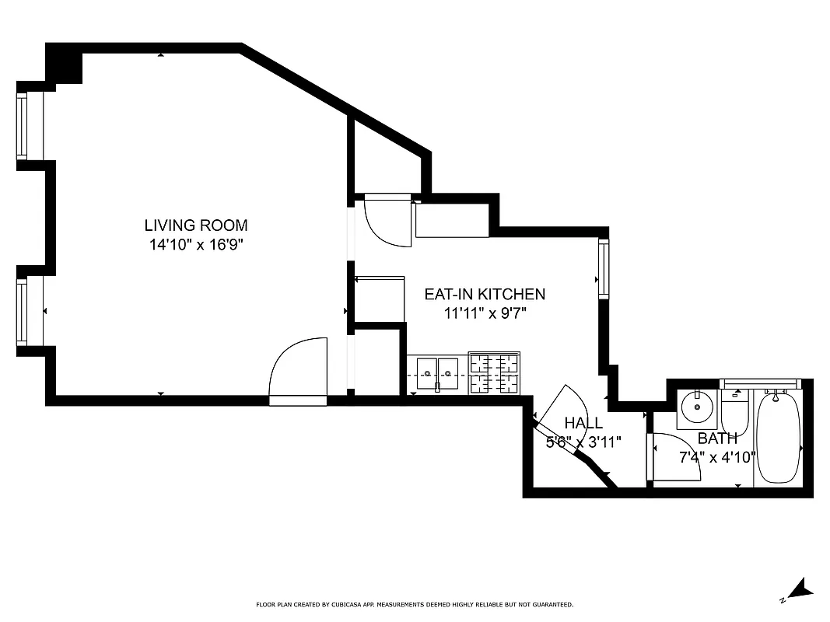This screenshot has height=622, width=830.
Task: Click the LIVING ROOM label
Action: click(196, 225)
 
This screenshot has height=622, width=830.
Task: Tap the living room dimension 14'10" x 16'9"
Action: click(196, 245)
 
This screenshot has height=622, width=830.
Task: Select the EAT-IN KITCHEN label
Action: click(484, 294)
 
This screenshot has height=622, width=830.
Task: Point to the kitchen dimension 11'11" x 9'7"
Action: click(484, 313)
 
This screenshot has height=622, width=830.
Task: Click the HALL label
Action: click(583, 423)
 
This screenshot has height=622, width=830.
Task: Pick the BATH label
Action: click(716, 439)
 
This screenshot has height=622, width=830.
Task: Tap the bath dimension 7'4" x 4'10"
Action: click(716, 457)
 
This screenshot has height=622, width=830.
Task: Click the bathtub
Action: click(778, 437)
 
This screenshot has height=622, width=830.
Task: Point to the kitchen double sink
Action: click(436, 375)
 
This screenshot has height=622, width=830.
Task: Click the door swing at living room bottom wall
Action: click(299, 369)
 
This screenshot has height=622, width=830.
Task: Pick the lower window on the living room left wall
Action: click(23, 312)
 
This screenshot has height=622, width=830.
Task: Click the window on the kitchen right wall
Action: click(603, 268)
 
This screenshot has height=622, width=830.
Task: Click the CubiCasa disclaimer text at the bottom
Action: click(415, 604)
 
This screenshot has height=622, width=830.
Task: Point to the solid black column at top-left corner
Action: click(65, 64)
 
